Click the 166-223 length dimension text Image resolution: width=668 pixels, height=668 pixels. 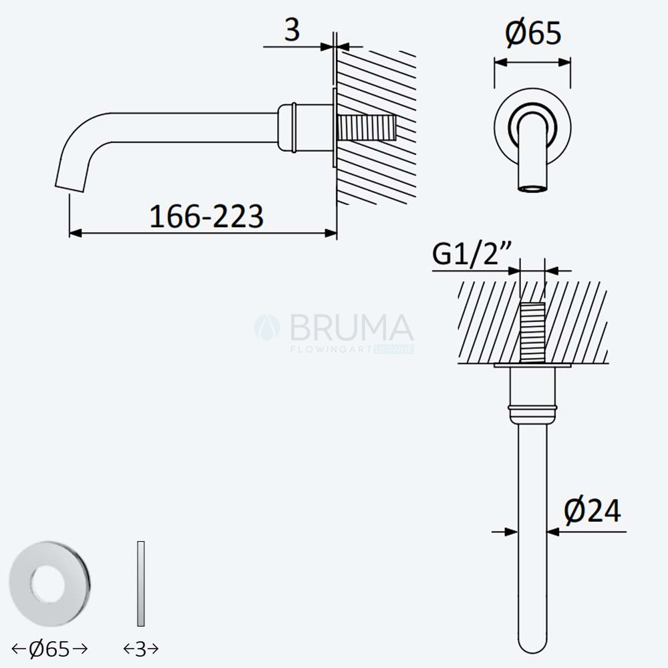[x=206, y=216]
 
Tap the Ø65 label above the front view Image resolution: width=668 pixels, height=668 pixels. [x=533, y=33]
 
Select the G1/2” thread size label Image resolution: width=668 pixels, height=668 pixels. [x=472, y=255]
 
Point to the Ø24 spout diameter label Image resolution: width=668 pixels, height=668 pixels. [x=592, y=510]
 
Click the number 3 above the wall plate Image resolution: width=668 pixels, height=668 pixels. [x=293, y=30]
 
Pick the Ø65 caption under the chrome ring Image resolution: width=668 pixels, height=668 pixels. [x=49, y=649]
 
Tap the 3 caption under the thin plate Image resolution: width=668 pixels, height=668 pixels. [x=140, y=649]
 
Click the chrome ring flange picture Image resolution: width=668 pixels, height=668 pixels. [x=50, y=583]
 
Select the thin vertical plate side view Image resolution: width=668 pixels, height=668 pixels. [x=141, y=584]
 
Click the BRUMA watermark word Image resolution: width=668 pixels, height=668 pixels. [x=352, y=327]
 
